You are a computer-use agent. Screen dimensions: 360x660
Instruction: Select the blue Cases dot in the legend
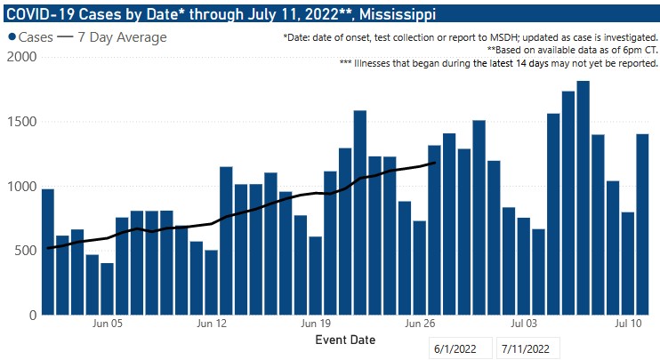12,37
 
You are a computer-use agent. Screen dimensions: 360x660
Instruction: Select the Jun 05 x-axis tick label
108,325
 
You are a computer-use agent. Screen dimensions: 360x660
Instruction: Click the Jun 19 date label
316,325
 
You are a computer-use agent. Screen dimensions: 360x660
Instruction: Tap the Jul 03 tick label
523,325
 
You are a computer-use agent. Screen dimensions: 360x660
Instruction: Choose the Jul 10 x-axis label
627,325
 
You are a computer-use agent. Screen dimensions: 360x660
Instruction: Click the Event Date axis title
345,340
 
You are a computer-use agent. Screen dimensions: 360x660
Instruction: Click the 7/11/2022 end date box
529,348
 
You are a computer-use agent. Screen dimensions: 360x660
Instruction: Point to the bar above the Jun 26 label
419,268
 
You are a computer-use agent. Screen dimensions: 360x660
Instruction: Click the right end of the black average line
434,163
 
